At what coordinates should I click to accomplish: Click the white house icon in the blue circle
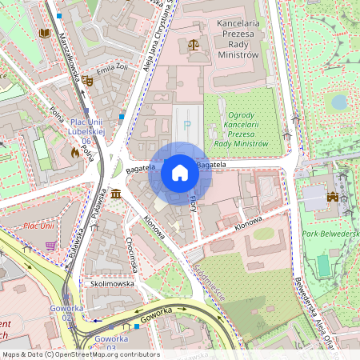tap(180, 173)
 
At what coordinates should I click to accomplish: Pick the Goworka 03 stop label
tap(110, 342)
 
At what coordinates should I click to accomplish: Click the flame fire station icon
tap(74, 151)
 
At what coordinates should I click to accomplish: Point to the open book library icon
tap(44, 34)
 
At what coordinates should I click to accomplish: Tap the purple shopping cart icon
tap(51, 246)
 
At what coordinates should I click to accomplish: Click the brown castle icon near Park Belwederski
tap(334, 196)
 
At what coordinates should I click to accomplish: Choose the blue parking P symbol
tap(187, 125)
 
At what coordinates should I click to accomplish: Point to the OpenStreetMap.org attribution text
tap(81, 354)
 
